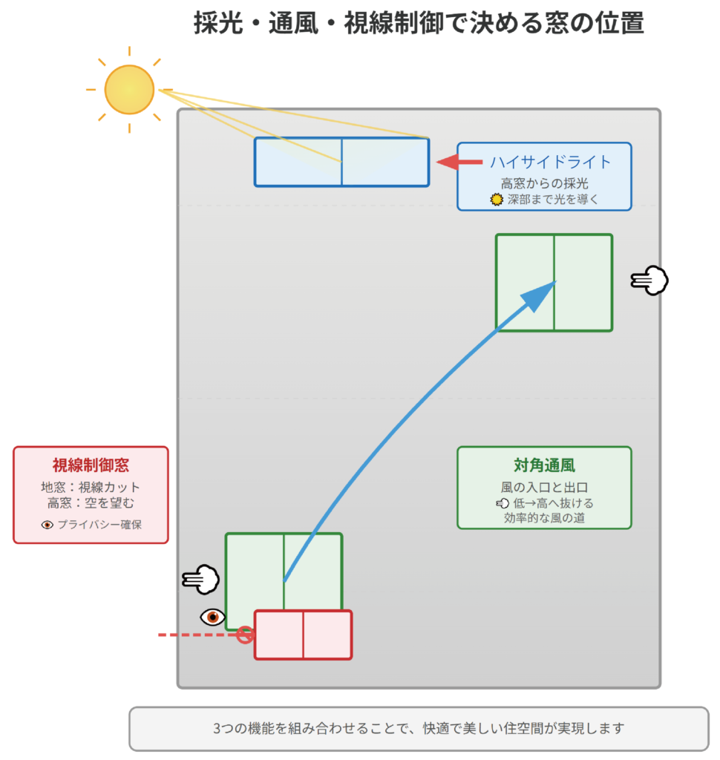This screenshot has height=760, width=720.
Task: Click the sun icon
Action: coord(129,90)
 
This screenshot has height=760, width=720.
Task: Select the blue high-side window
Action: coord(341,162)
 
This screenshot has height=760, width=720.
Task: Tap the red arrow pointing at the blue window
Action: coord(459,162)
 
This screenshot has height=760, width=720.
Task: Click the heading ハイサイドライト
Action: coord(550,162)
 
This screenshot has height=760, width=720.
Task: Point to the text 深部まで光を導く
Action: coord(552,199)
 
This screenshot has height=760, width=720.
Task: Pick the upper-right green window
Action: coord(554,282)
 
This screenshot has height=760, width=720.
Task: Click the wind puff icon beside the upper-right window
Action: coord(650,280)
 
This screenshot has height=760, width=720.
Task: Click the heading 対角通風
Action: coord(544,466)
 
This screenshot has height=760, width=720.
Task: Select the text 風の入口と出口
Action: coord(544,487)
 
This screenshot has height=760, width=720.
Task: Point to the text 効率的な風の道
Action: coord(544,517)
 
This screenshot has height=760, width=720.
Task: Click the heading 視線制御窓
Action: coord(91,465)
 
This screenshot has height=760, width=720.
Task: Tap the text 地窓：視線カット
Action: coord(91,487)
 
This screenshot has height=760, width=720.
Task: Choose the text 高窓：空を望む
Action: coord(91,502)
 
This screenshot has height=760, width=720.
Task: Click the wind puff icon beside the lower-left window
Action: coord(200,579)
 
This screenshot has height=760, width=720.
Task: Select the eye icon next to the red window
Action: coord(213,617)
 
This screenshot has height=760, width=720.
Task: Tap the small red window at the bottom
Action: coord(303,635)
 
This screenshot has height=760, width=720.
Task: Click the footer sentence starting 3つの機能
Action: coord(419,728)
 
